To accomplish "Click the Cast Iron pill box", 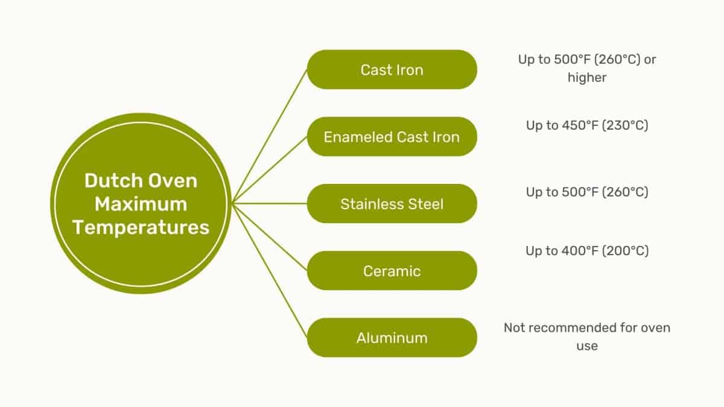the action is (392, 69).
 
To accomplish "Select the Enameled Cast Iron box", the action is (392, 137).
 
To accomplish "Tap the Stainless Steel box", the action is (392, 204).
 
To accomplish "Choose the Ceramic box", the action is (392, 271).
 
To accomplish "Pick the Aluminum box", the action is (392, 338).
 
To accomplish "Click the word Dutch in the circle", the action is (109, 180).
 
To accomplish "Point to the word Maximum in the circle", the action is (141, 204).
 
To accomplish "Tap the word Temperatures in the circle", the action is (141, 228).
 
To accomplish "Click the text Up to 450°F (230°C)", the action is (587, 125).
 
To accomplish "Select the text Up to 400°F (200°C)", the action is (587, 251).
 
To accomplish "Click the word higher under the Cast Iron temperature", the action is (587, 78).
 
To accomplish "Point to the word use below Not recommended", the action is (587, 346).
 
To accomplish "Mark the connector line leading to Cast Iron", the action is (270, 136).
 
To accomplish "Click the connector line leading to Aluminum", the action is (270, 271).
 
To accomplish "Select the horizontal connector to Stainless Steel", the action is (270, 204).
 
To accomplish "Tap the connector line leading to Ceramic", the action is (270, 237).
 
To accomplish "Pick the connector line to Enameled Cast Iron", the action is (270, 170).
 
